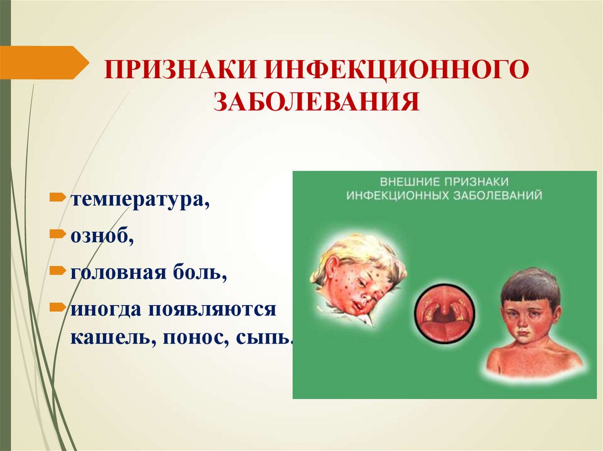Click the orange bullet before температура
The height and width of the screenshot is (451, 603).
58,195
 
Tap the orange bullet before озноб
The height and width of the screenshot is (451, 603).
58,233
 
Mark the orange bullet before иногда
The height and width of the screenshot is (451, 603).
58,306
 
